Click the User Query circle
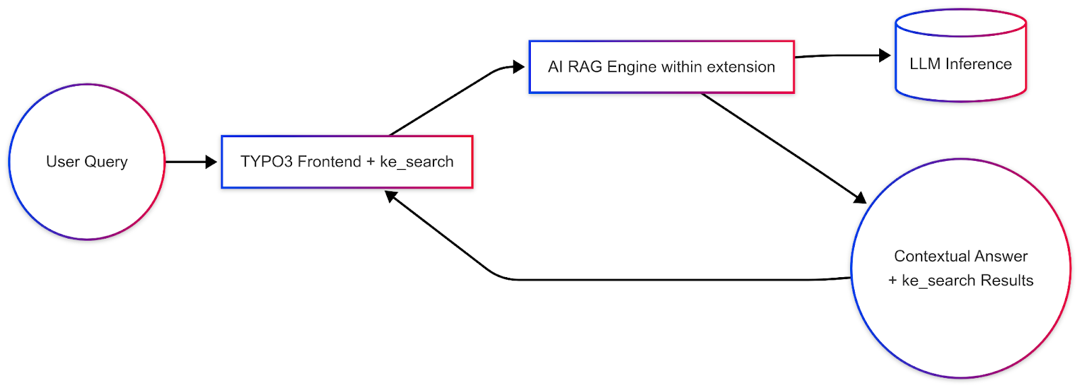tap(87, 162)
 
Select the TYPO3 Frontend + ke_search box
tap(347, 162)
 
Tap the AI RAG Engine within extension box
tap(661, 67)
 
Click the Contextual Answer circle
tap(960, 268)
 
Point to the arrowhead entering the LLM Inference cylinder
tap(885, 55)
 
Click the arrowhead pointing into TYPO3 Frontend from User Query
tap(211, 162)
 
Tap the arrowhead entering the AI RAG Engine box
tap(519, 66)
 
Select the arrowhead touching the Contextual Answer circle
tap(860, 198)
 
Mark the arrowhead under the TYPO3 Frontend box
tap(390, 196)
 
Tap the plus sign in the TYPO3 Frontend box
tap(370, 162)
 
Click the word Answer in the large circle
tap(1001, 256)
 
